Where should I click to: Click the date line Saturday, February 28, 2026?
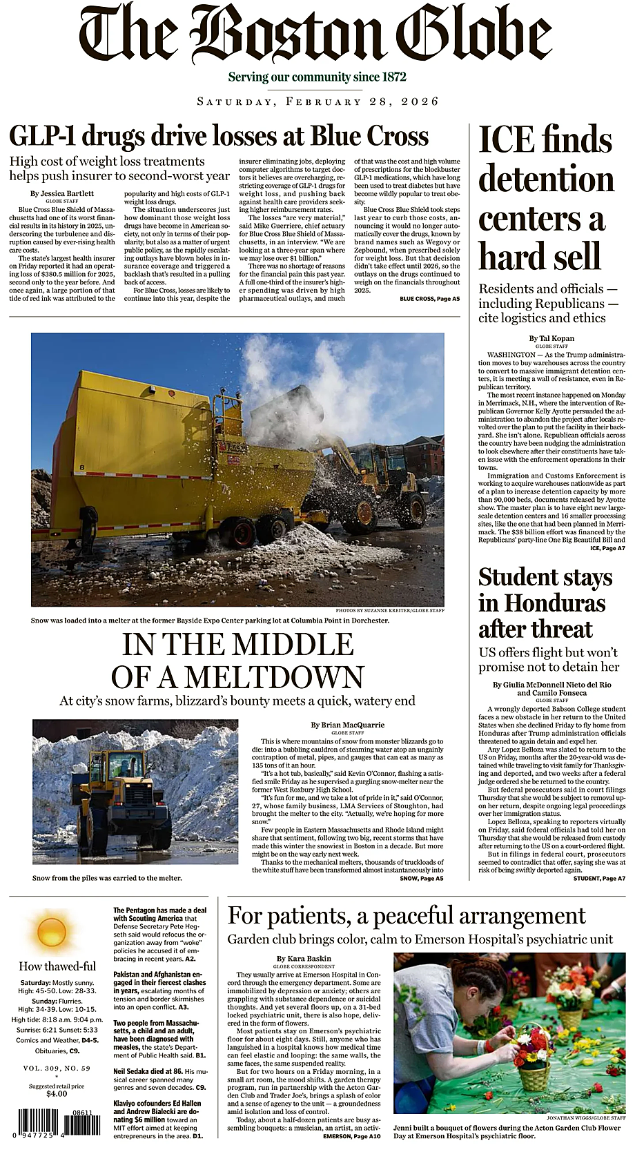click(317, 101)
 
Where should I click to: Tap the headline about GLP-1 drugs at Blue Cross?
click(219, 136)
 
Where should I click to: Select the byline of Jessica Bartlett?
click(62, 193)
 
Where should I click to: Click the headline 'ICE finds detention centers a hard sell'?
click(545, 198)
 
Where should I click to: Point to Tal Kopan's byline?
click(551, 338)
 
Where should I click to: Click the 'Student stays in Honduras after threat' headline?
click(545, 603)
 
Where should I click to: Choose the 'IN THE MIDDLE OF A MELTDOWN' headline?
click(237, 661)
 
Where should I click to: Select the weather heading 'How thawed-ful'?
click(57, 966)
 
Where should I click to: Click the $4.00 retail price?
click(57, 1093)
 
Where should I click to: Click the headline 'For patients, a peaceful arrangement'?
click(407, 915)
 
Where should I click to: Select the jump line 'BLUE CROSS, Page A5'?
click(429, 299)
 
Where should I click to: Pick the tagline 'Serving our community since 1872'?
click(317, 77)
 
